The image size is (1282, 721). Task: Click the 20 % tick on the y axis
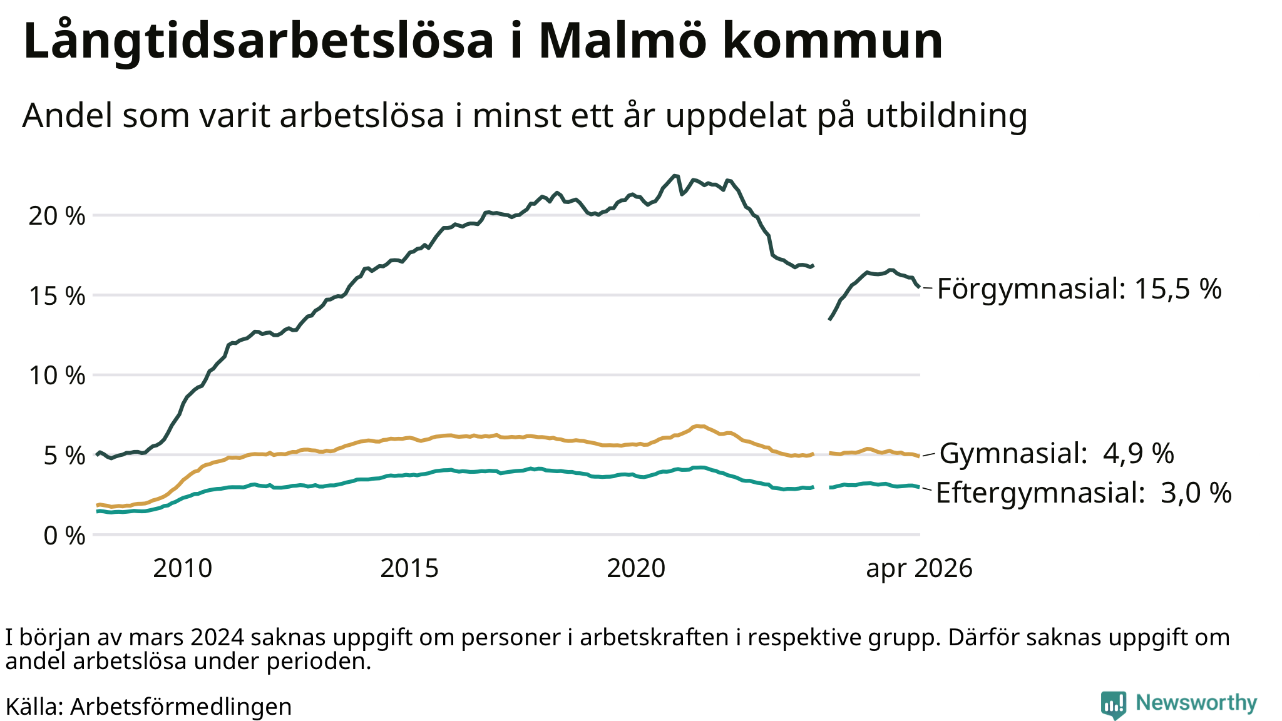[x=57, y=216]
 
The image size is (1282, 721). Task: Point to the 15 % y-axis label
[x=57, y=295]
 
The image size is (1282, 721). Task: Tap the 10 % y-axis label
[x=57, y=376]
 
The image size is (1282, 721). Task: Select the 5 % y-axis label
[x=64, y=456]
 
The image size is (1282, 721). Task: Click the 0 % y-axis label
[x=64, y=536]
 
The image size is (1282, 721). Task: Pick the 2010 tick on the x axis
[x=183, y=568]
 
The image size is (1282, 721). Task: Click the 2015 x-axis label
[x=409, y=568]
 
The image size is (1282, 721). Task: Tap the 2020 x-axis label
[x=636, y=568]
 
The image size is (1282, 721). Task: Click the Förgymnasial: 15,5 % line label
[x=1079, y=289]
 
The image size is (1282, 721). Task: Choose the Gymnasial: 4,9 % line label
[x=1057, y=453]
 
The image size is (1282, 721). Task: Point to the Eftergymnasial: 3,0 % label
[x=1084, y=493]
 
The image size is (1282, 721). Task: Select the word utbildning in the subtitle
[x=946, y=116]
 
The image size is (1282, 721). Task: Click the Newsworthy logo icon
[x=1113, y=705]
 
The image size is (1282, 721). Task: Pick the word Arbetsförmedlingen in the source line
[x=181, y=707]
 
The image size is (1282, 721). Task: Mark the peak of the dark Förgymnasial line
[x=674, y=176]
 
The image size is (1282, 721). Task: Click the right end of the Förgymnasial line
[x=919, y=287]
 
